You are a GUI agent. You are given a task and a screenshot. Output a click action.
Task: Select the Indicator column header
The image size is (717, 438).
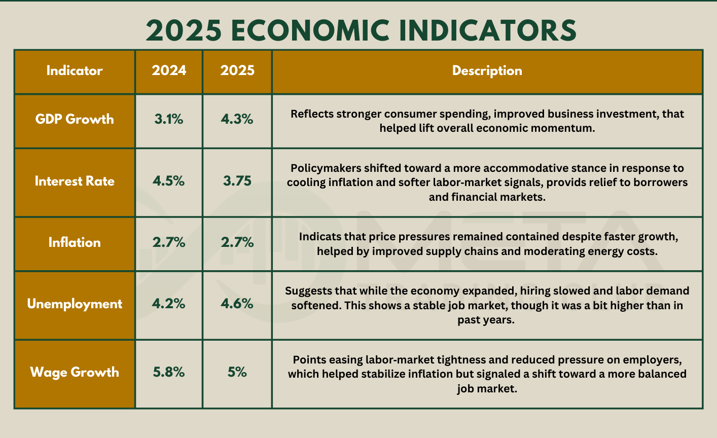point(75,71)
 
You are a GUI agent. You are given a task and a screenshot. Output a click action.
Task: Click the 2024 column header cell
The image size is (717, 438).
point(169,71)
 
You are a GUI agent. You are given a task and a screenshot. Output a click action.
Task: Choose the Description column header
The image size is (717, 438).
point(487,71)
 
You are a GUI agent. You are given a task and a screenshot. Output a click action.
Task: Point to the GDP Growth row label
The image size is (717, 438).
point(75,120)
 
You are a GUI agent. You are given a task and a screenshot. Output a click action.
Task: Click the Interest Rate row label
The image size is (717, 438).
point(75,181)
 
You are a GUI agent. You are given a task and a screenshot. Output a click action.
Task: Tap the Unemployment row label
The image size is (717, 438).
point(75,304)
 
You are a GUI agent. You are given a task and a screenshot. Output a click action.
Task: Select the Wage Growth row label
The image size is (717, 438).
point(75,373)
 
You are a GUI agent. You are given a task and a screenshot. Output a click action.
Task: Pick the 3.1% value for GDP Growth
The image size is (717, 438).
point(169,120)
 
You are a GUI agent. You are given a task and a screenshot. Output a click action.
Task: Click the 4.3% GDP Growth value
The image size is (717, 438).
point(237,120)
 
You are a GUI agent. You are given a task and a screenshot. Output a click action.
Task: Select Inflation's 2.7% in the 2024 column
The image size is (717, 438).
point(169,243)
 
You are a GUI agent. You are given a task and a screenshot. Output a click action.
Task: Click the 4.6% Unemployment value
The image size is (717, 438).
point(237,304)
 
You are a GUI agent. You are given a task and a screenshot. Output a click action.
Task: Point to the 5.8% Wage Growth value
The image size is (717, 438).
point(169,373)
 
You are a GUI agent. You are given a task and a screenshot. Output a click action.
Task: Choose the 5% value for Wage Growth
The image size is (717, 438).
point(237,373)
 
